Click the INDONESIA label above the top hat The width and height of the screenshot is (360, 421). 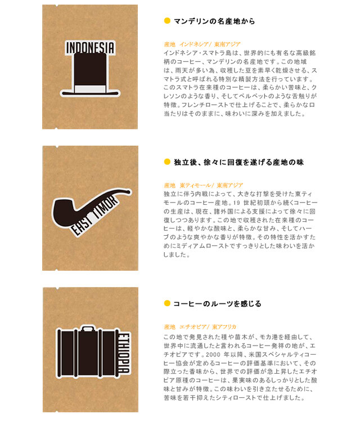(91, 48)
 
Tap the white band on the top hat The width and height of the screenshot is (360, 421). (90, 89)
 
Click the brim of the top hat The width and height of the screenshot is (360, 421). (90, 93)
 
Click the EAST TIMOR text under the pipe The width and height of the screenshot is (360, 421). (94, 216)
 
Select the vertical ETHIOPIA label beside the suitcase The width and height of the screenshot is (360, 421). (124, 353)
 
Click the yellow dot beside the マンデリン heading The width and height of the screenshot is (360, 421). (167, 20)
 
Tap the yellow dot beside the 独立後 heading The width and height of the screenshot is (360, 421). (167, 162)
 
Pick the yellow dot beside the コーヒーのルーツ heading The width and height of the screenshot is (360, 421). (167, 303)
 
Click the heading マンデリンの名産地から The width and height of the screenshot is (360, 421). (214, 21)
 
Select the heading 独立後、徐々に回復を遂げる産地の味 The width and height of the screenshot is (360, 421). (238, 162)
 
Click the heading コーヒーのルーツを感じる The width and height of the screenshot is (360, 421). (217, 304)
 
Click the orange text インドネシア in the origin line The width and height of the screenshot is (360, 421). (194, 44)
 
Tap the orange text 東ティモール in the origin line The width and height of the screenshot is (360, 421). (195, 185)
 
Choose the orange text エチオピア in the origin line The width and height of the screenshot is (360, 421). (193, 327)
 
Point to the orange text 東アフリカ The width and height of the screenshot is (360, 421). (224, 327)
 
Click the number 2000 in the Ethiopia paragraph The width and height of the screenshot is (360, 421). (214, 355)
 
